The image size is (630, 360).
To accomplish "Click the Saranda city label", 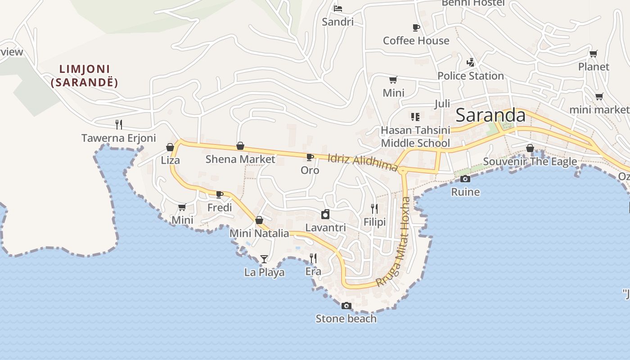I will (x=490, y=115).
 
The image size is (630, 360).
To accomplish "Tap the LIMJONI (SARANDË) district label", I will (x=85, y=76).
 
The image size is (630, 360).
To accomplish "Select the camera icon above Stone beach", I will (x=346, y=306).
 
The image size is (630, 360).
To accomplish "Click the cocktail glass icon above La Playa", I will (x=264, y=259).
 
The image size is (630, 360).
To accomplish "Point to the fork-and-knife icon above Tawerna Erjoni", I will (x=119, y=124).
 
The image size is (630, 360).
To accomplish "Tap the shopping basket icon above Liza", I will (x=170, y=147).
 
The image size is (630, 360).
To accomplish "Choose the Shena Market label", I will (x=240, y=159).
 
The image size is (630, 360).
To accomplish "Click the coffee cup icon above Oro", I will (x=310, y=157).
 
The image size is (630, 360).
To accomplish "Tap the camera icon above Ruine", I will (x=465, y=179).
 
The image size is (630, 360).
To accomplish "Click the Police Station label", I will (x=470, y=76).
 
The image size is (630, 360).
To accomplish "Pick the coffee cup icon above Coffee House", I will (x=416, y=27).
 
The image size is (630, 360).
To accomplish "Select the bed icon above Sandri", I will (x=338, y=9).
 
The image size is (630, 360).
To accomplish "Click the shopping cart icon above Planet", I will (x=594, y=54).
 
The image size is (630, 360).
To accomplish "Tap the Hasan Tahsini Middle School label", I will (x=415, y=136).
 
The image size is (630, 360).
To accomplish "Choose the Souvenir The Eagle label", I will (x=530, y=161).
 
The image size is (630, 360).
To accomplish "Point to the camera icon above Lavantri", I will (x=325, y=214).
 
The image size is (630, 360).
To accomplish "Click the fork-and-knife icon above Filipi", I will (x=374, y=208).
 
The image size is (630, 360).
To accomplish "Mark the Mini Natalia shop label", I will (x=259, y=233).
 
